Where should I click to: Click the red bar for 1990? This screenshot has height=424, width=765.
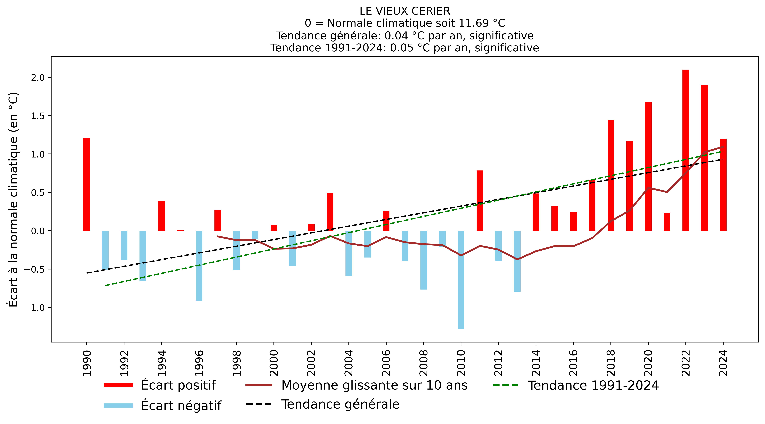point(86,184)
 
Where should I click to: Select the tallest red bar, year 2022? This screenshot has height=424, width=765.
point(686,150)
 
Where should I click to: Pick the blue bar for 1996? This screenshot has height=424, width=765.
point(199,266)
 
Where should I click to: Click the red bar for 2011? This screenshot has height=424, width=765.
point(480,200)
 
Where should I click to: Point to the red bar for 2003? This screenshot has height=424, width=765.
point(330,212)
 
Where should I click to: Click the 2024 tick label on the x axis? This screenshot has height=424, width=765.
point(723,363)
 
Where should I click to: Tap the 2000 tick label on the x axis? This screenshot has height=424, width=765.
point(274,363)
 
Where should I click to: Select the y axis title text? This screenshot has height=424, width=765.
point(13,200)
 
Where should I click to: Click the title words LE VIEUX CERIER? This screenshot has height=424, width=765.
point(405,11)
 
